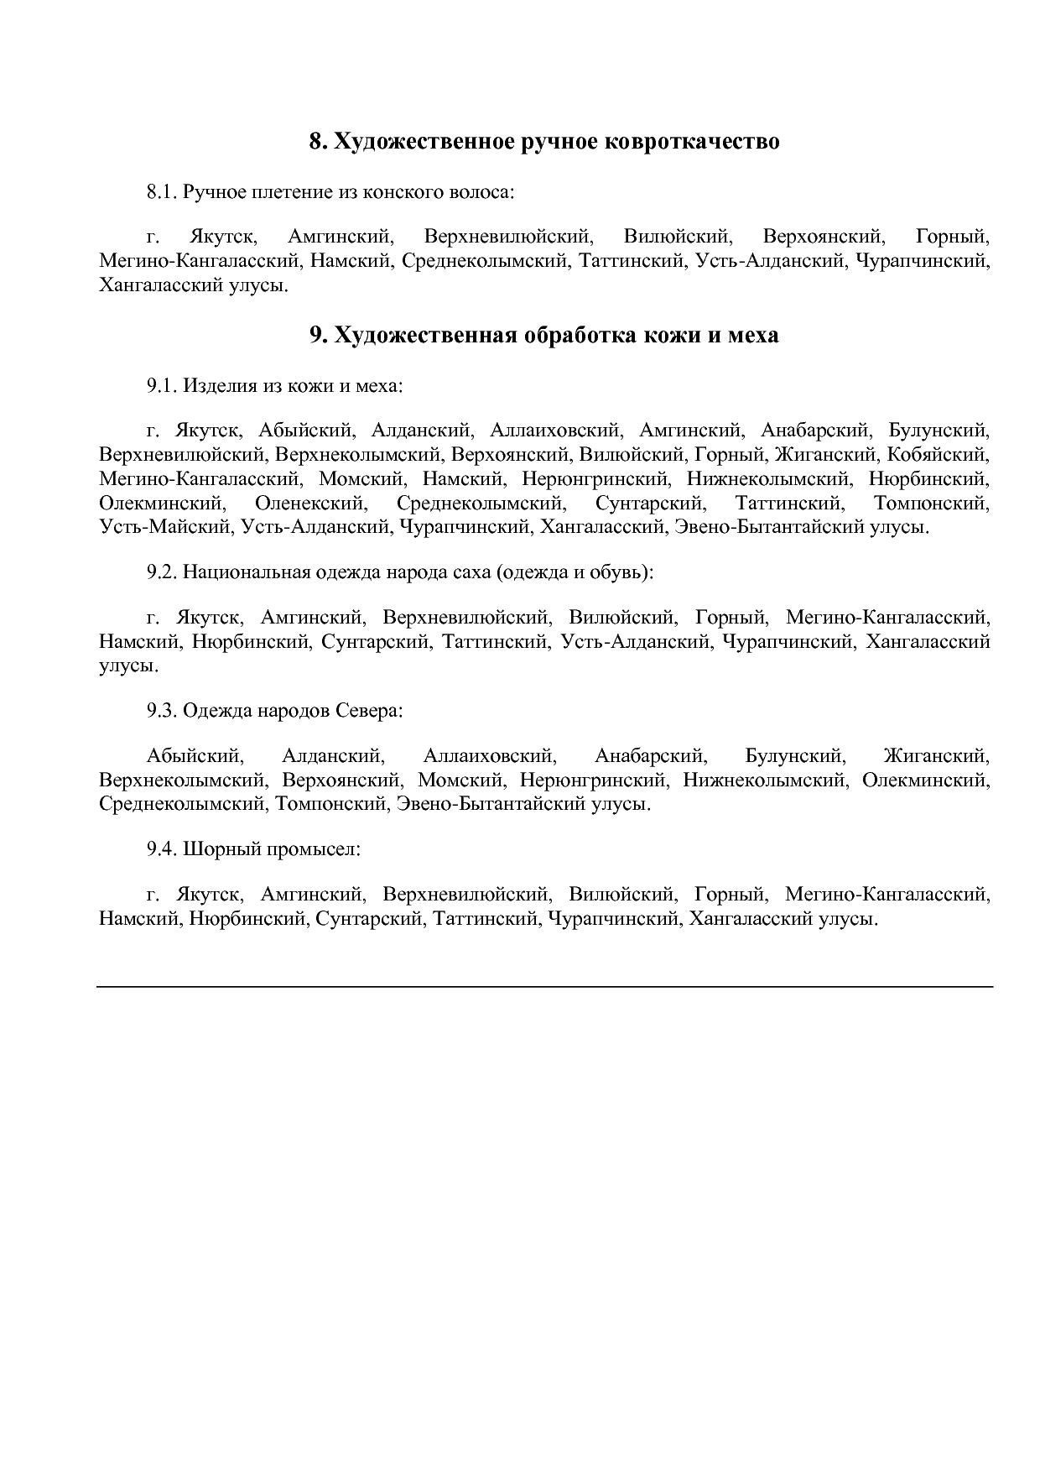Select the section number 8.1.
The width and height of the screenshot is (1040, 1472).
point(162,192)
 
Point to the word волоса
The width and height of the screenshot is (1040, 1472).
point(481,192)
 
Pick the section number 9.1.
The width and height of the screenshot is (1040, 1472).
point(162,386)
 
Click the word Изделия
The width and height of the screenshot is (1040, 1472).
point(215,386)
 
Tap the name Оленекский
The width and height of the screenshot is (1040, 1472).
point(310,504)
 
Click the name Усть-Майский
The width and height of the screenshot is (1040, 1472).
point(164,528)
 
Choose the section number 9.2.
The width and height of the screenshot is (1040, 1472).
point(162,573)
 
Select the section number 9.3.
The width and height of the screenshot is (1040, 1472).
point(162,711)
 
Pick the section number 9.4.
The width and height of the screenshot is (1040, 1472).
point(162,848)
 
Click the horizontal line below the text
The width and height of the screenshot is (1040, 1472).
point(545,986)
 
